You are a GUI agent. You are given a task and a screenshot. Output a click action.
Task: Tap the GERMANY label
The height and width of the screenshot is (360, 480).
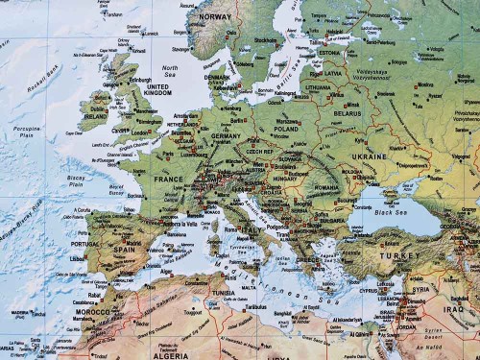226,136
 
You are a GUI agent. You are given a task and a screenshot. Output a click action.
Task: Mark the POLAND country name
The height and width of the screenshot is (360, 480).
287,129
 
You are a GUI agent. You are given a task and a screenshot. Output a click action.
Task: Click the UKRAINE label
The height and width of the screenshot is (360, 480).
371,156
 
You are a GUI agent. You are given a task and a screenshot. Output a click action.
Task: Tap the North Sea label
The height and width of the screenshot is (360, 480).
171,68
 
